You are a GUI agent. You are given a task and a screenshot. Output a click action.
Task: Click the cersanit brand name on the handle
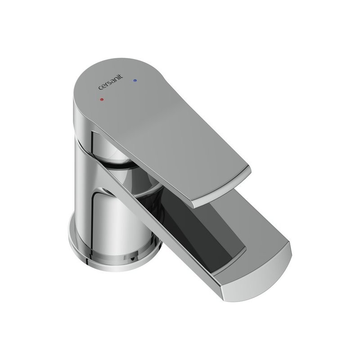tap(111, 82)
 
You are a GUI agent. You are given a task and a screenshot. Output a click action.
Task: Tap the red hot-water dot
tap(102, 99)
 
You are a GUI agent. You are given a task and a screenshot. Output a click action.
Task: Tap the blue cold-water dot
tap(135, 81)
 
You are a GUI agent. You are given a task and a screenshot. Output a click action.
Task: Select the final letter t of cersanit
tap(121, 76)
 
